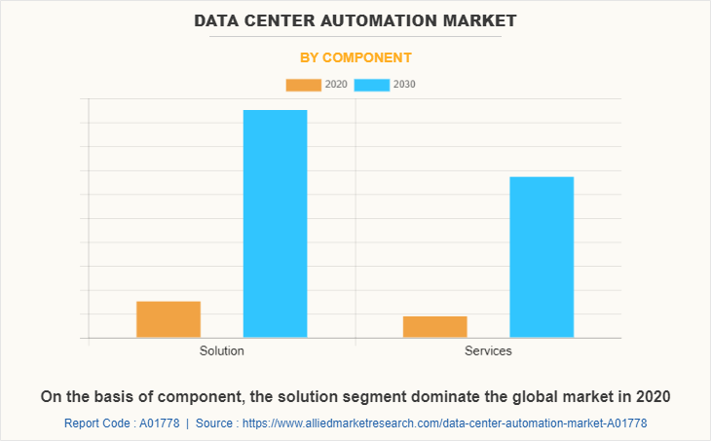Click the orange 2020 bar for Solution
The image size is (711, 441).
point(168,319)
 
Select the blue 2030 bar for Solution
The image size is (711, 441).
point(275,224)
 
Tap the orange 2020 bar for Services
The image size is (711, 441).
point(434,327)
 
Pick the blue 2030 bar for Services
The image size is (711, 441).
point(542,257)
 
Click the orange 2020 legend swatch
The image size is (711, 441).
point(303,85)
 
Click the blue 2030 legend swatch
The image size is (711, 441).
point(372,85)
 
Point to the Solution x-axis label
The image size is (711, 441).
point(222,350)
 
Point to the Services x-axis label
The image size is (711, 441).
point(488,350)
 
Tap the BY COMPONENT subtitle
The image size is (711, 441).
point(355,57)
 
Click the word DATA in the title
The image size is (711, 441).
point(218,20)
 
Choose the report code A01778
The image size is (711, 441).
point(158,423)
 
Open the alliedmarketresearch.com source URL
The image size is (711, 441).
point(444,423)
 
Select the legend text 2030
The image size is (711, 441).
point(404,85)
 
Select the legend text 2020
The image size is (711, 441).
point(336,85)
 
